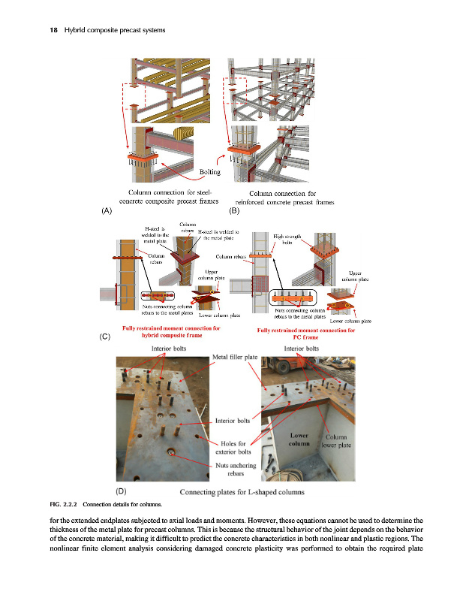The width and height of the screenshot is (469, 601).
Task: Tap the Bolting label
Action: point(209,173)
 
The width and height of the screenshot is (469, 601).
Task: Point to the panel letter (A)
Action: point(106,211)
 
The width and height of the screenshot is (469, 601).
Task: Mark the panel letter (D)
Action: point(119,490)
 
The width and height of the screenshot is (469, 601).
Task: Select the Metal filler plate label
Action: point(236,357)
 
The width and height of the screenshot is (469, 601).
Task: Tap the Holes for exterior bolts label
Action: point(236,448)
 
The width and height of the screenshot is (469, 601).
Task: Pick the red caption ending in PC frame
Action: point(305,334)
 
